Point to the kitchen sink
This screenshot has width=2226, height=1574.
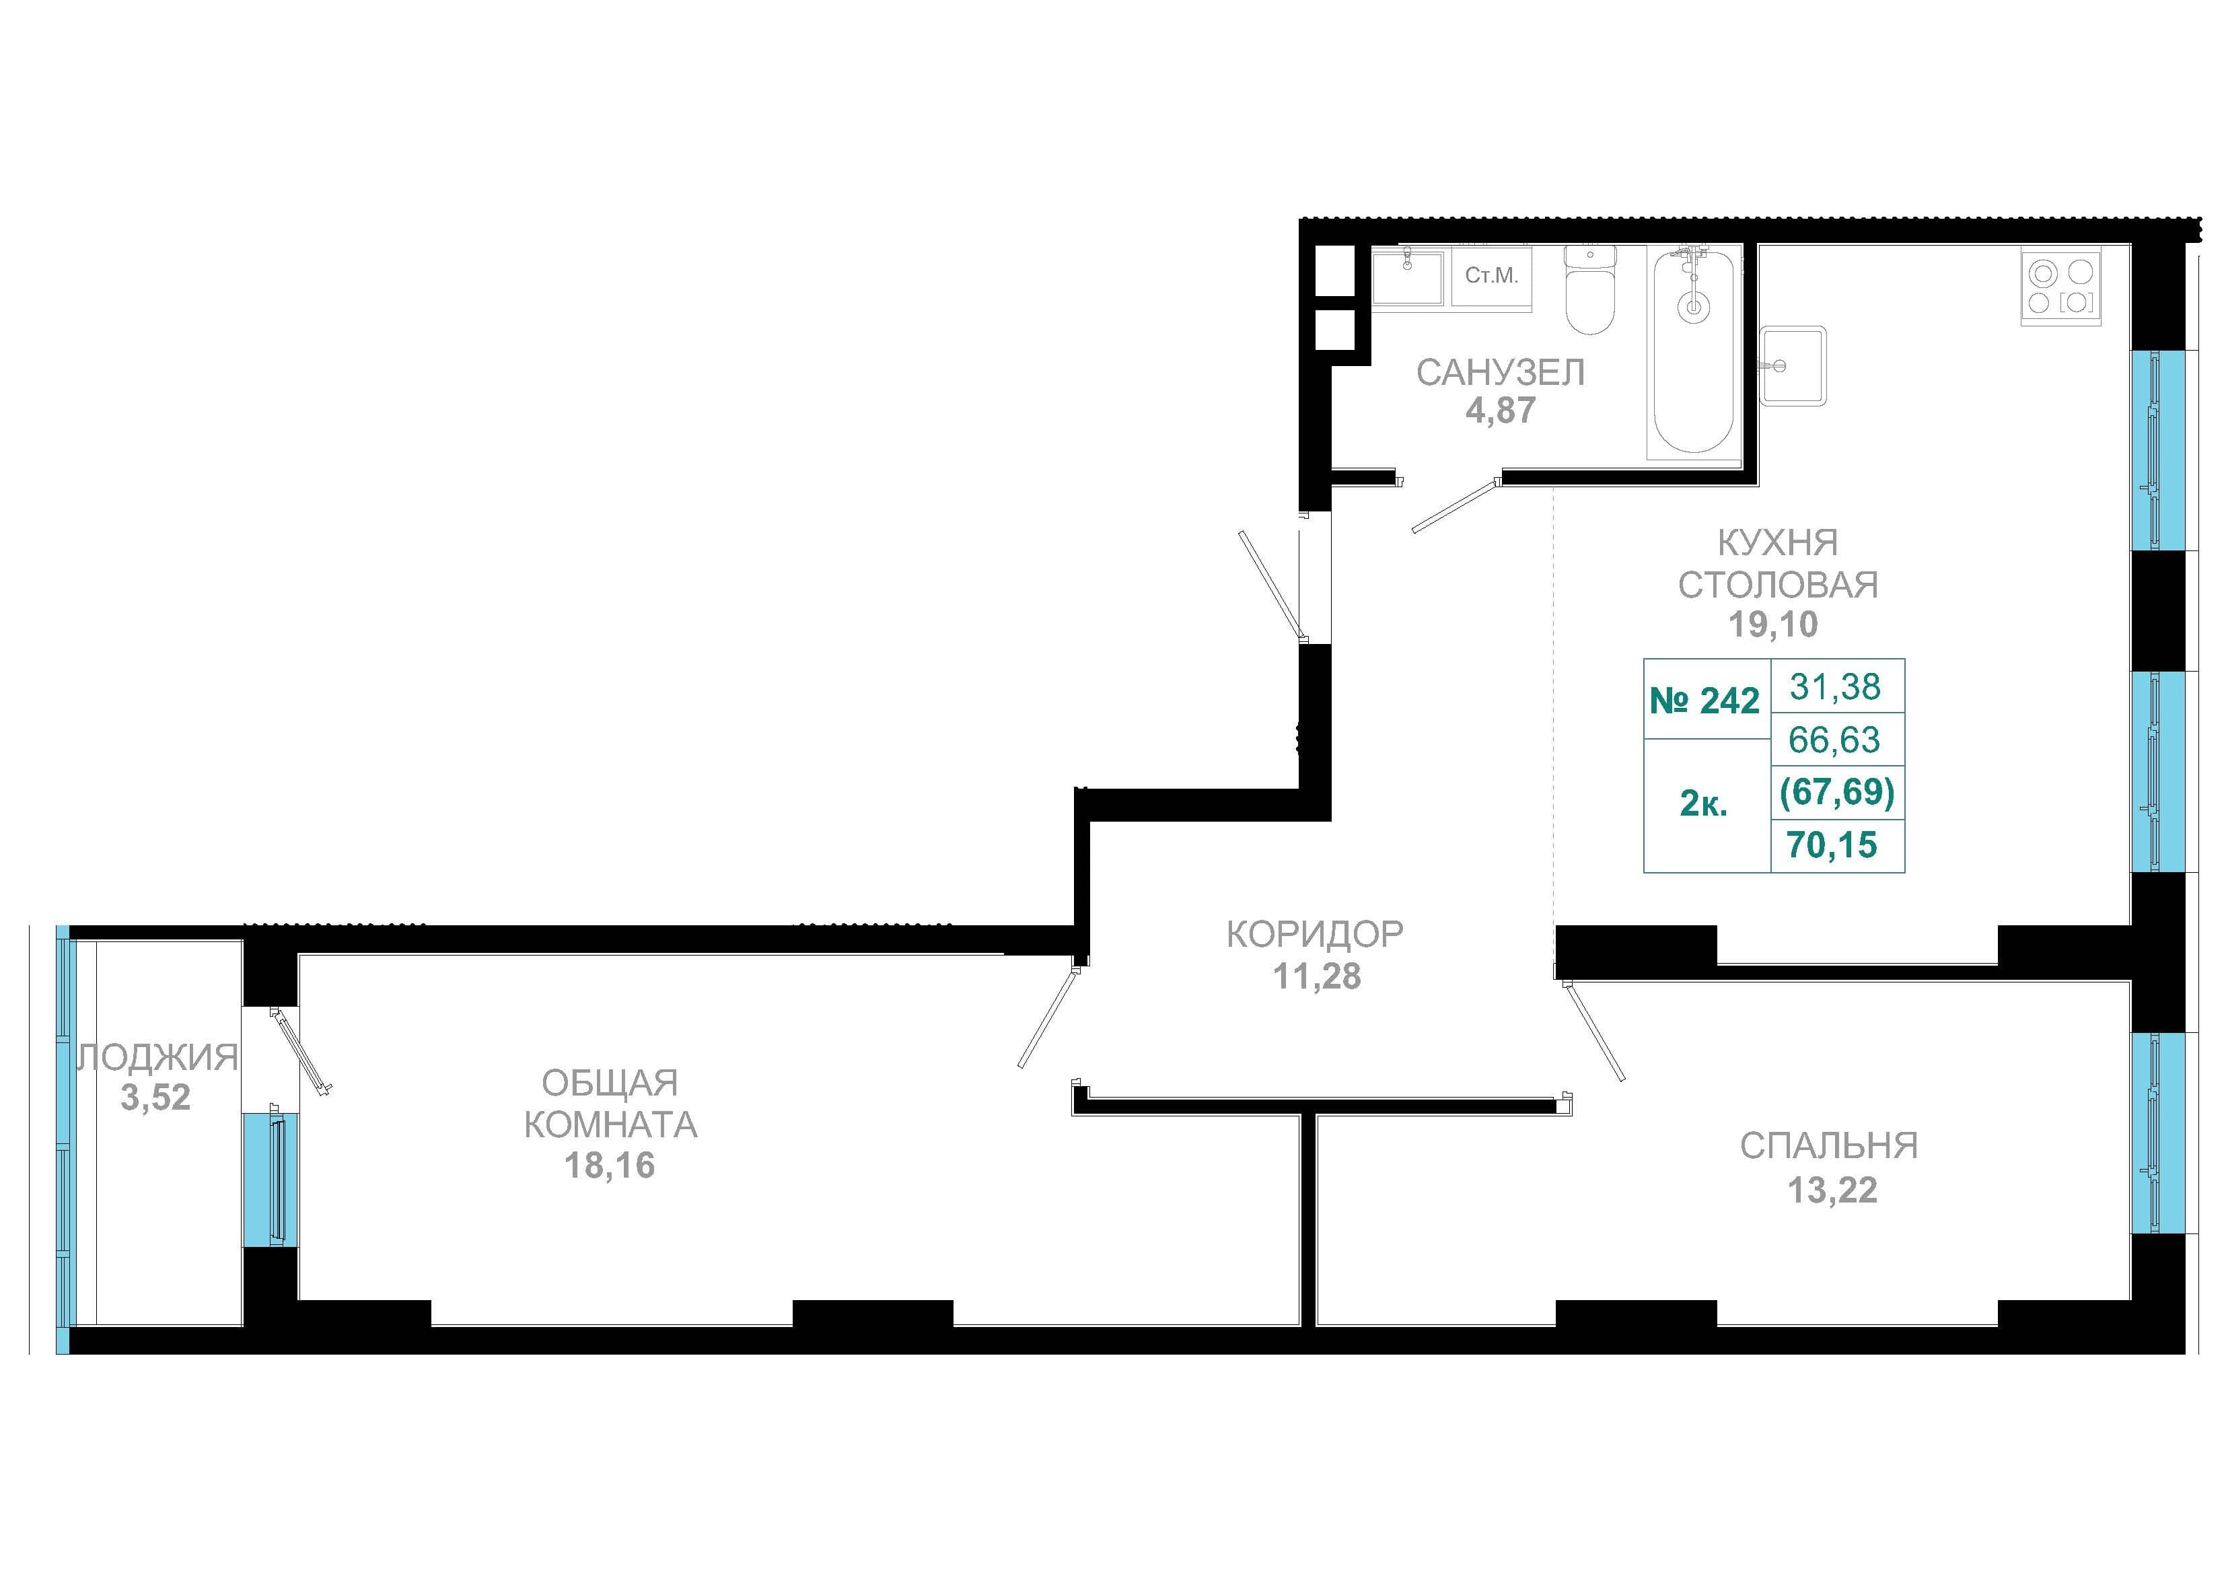point(1793,365)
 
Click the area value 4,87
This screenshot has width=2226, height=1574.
point(1500,411)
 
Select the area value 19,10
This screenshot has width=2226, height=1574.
point(1773,624)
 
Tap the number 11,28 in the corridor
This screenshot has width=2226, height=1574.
point(1317,976)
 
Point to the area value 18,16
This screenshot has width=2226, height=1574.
point(610,1166)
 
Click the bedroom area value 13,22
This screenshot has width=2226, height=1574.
point(1832,1190)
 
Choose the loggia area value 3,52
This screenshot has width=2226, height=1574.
point(155,1098)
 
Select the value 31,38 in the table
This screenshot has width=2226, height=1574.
point(1834,686)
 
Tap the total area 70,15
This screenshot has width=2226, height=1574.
point(1832,845)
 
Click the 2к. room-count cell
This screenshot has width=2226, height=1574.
point(1703,804)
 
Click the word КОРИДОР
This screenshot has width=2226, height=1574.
point(1315,934)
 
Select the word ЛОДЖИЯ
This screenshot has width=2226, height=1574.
point(157,1057)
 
